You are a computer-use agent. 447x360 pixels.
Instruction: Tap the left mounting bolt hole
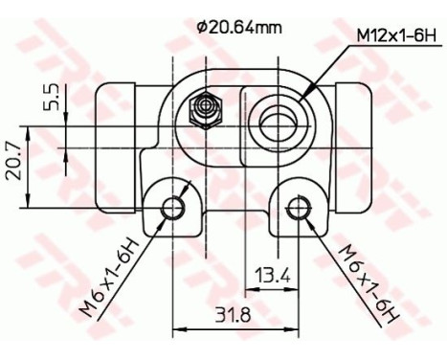coord(173,206)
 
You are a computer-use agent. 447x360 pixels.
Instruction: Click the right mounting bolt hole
coord(302,206)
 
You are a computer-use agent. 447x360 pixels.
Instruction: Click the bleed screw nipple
coord(203,110)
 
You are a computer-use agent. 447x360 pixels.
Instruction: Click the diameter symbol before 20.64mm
coord(202,27)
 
